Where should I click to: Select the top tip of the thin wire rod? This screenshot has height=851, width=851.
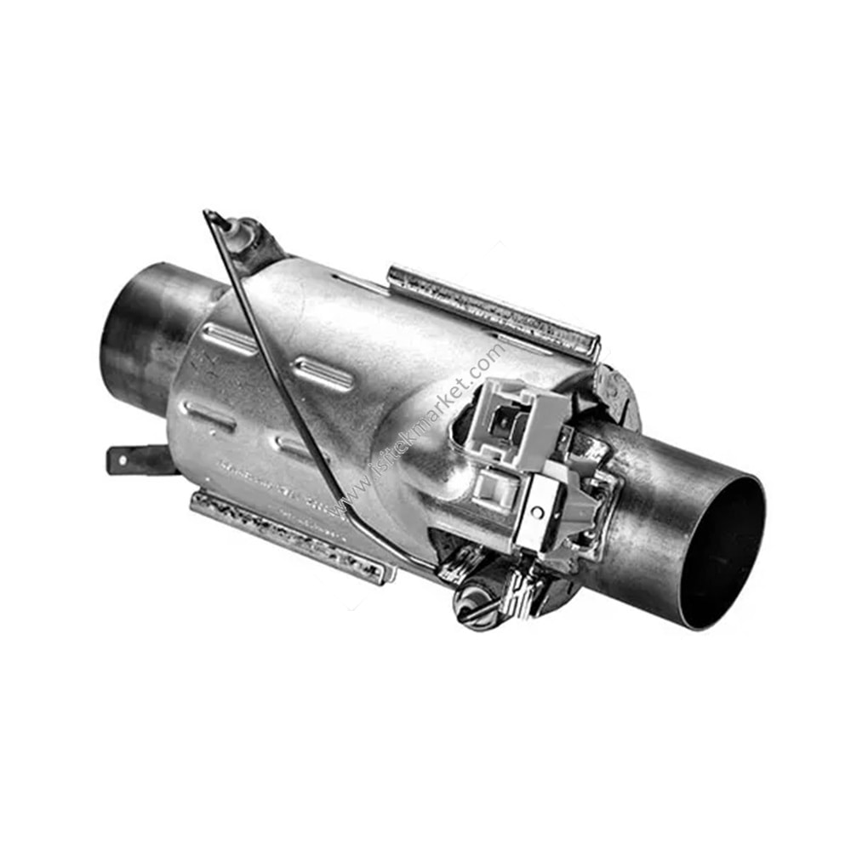208,214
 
